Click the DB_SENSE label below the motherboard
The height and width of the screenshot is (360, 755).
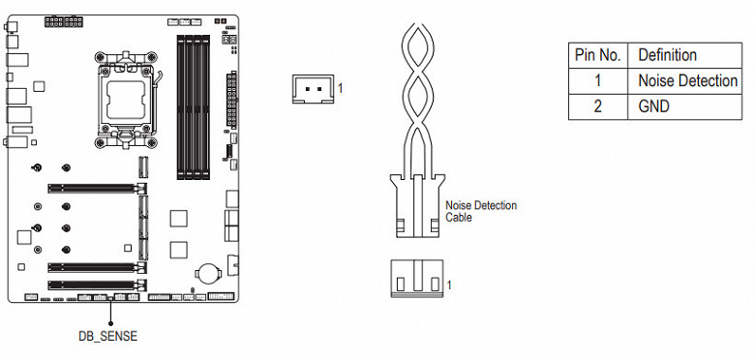coord(107,336)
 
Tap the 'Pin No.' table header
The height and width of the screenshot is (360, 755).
coord(597,55)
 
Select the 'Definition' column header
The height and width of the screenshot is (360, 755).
coord(667,55)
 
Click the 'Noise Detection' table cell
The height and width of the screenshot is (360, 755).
coord(688,80)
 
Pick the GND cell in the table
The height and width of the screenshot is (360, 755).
coord(654,105)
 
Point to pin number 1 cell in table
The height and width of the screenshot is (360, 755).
coord(597,80)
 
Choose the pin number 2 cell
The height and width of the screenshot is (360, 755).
coord(597,105)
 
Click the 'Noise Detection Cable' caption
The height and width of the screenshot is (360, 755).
coord(480,211)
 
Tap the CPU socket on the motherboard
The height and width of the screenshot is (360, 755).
coord(126,100)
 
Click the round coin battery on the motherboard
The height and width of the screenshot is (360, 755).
coord(207,272)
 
